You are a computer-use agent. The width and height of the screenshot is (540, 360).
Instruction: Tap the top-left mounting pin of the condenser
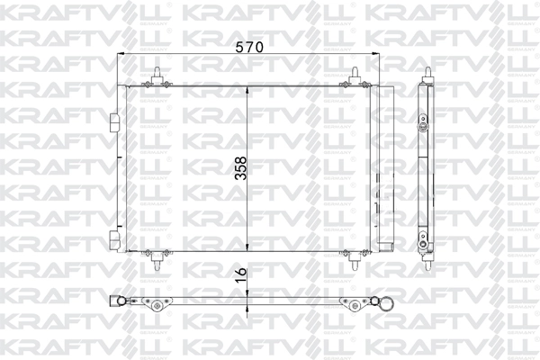(x=159, y=76)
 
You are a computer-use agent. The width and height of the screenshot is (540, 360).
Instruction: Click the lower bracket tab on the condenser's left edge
(x=116, y=238)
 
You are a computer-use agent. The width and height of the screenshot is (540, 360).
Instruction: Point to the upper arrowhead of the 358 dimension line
(x=250, y=88)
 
